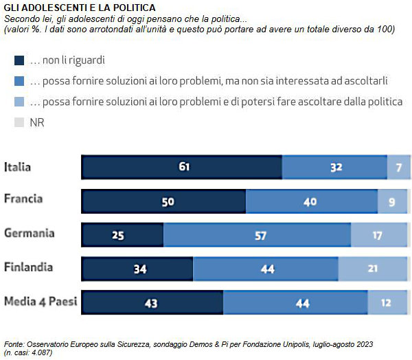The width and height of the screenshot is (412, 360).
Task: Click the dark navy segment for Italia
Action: coord(181,167)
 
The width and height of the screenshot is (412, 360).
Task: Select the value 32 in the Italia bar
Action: coord(336,167)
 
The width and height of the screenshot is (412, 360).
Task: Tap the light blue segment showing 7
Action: coord(399,167)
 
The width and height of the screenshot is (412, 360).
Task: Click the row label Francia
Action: coord(23,199)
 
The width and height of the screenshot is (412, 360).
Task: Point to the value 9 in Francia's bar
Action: coord(392,201)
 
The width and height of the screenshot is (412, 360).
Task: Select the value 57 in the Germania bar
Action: coord(260,235)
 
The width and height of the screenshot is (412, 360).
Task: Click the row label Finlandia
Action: coord(29,267)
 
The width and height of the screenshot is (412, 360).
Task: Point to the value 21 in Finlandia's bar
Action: coord(373,269)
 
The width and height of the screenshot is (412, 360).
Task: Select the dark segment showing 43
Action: coord(152,302)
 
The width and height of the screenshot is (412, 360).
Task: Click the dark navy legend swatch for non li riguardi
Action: coord(19,60)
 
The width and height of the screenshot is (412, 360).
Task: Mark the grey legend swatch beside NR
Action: coord(19,122)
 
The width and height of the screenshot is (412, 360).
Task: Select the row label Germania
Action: coord(30,233)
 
